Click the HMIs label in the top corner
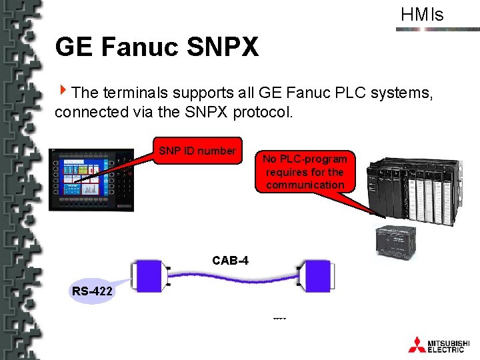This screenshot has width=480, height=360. click(x=422, y=15)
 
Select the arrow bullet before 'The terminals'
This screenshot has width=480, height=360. click(x=63, y=91)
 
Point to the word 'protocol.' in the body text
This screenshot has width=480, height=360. click(x=263, y=112)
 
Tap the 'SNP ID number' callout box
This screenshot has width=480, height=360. click(x=197, y=151)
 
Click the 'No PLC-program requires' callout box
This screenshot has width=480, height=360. click(x=305, y=172)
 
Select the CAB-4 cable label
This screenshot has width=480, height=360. click(x=230, y=260)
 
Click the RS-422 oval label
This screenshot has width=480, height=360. click(x=92, y=291)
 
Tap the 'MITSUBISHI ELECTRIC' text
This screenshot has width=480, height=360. click(x=447, y=345)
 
